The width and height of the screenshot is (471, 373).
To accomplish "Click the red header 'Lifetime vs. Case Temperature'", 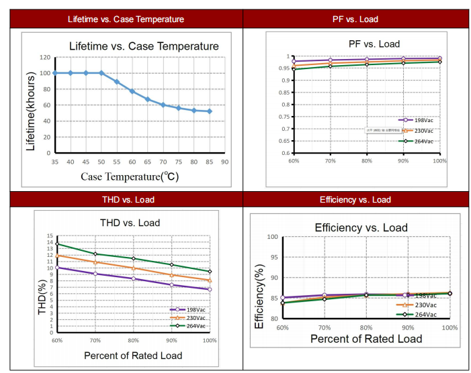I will (126, 19).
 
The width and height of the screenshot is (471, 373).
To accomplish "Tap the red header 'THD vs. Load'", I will (126, 199).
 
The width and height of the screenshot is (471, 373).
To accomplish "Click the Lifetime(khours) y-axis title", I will (31, 112).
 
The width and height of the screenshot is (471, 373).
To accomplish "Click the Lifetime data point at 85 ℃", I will (210, 111).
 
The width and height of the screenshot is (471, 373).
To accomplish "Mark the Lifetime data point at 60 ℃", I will (132, 91).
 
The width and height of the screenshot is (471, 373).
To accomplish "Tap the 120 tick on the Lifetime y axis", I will (46, 57).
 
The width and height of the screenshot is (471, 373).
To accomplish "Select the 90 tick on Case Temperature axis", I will (225, 162).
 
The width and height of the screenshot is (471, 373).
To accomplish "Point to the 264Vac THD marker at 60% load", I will (57, 244).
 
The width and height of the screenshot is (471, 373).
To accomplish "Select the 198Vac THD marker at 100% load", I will (210, 289).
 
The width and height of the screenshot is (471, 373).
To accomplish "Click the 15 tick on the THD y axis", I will (49, 236).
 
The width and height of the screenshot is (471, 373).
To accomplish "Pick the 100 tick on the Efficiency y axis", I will (274, 237).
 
